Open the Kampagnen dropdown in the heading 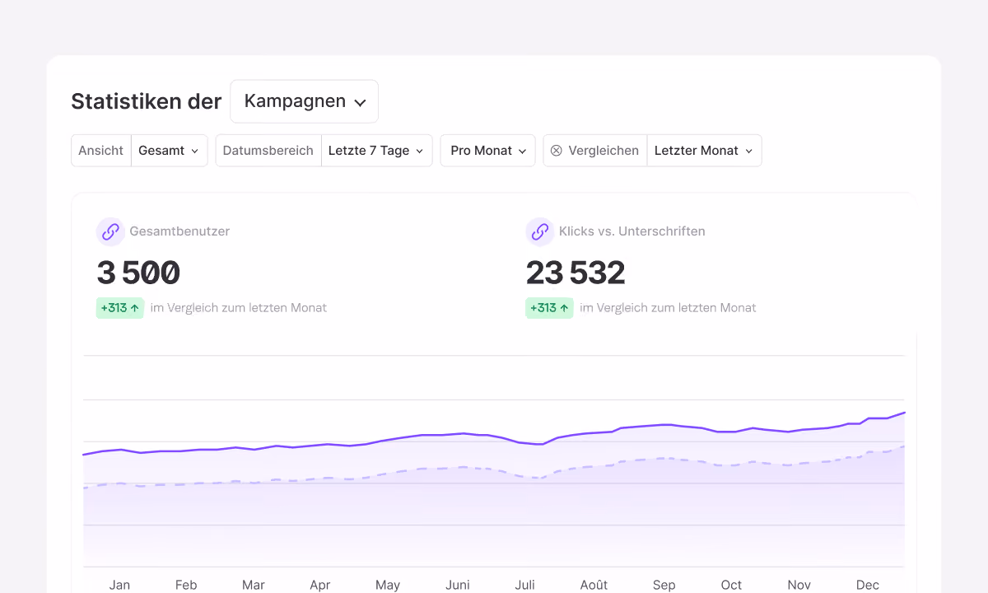tap(304, 101)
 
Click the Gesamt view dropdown tap(170, 151)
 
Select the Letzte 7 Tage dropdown tap(377, 151)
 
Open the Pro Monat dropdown tap(487, 151)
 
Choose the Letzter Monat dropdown tap(704, 151)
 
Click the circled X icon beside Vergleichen tap(557, 151)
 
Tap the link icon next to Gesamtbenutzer tap(110, 231)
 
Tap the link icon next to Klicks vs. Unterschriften tap(540, 231)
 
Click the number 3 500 tap(138, 273)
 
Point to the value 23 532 tap(576, 273)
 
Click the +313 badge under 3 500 tap(120, 308)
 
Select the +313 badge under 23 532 tap(549, 308)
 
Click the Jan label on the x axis tap(119, 585)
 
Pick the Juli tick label tap(525, 585)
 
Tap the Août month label tap(594, 585)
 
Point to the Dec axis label tap(868, 585)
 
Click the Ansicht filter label tap(100, 151)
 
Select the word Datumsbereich tap(268, 151)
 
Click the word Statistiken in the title tap(126, 101)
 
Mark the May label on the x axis tap(388, 586)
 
